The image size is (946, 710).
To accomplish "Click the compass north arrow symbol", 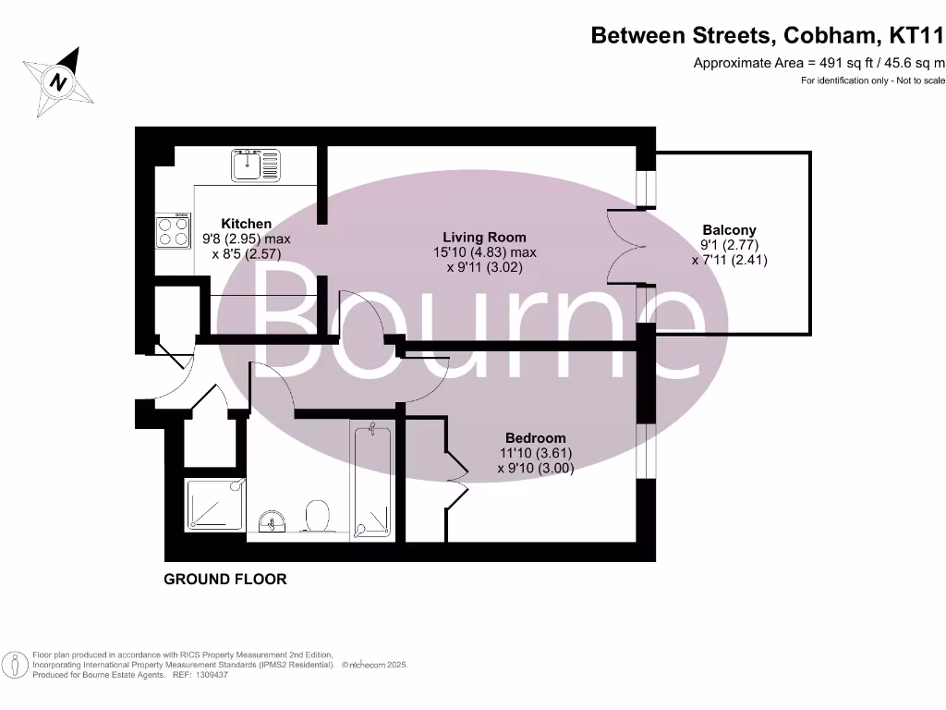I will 59,81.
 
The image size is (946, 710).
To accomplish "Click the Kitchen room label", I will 247,224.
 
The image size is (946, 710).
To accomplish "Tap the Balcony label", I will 729,230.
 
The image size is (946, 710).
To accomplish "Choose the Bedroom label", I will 535,438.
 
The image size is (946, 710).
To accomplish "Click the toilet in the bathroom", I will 316,516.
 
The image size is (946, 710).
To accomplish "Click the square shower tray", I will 216,505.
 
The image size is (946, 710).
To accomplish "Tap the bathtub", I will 372,481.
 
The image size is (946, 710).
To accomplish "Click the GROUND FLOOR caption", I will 225,580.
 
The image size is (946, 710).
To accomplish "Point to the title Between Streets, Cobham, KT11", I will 768,36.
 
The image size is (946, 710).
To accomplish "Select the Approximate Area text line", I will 819,63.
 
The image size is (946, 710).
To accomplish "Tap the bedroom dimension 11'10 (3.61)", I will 536,453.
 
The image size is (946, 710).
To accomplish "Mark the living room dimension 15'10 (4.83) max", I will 485,251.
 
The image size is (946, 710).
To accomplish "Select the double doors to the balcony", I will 621,247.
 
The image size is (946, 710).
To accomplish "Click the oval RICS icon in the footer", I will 15,664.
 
